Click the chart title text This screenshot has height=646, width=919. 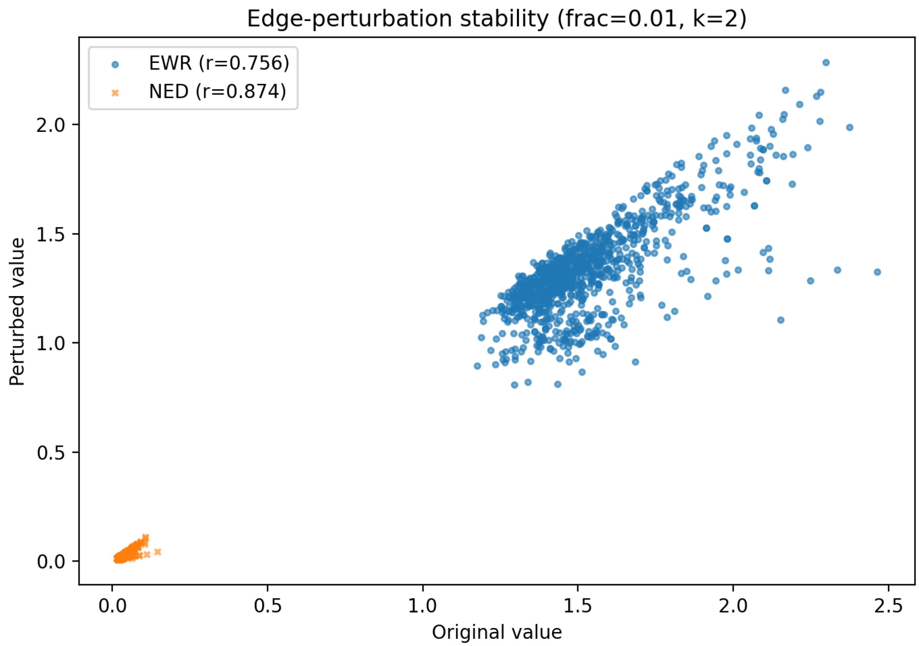(496, 19)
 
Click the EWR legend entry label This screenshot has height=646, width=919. (218, 63)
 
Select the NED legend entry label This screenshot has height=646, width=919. (217, 92)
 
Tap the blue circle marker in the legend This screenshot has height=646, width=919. (115, 64)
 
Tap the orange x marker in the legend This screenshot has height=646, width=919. (115, 93)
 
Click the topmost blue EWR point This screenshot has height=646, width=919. (826, 62)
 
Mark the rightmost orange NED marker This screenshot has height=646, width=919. (158, 552)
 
